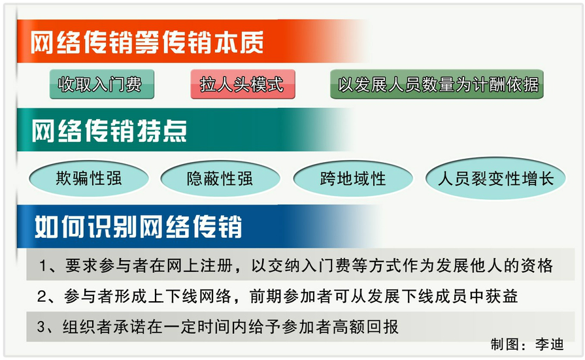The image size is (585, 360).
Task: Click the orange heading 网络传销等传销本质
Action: (x=147, y=42)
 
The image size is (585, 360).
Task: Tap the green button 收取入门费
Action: (x=102, y=84)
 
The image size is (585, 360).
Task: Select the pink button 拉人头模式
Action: (x=243, y=84)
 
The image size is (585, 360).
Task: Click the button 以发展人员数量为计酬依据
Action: (x=437, y=84)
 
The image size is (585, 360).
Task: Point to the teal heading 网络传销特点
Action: (x=109, y=131)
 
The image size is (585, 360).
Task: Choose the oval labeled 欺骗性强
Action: (x=89, y=178)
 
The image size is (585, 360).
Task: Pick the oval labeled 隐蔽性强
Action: (x=220, y=178)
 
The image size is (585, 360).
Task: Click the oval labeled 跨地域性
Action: (x=353, y=178)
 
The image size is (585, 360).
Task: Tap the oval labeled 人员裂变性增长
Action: (x=495, y=178)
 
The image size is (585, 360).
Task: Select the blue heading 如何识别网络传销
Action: (x=139, y=227)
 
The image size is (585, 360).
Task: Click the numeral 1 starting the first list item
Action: (x=43, y=266)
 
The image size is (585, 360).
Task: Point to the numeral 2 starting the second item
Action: (x=42, y=297)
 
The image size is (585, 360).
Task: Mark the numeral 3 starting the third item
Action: (x=41, y=327)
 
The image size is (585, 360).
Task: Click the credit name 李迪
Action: (x=549, y=344)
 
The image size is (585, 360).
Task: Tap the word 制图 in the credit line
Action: (x=505, y=344)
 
